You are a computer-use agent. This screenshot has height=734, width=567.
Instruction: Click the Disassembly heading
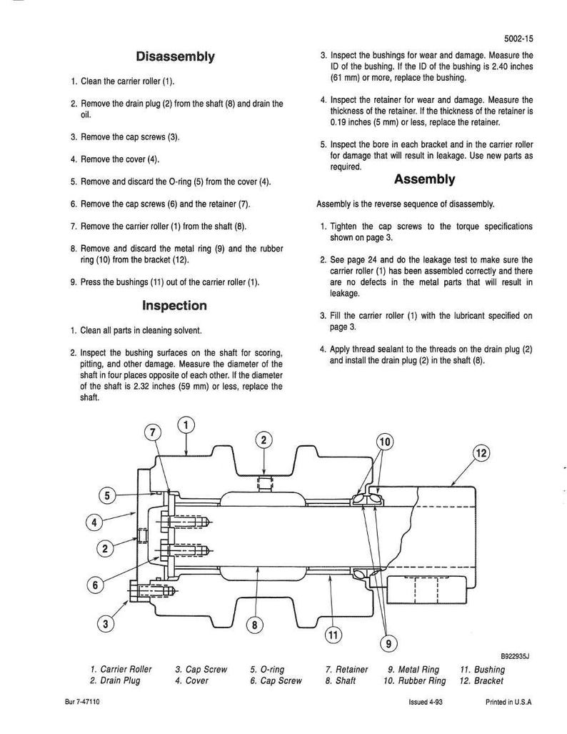[x=175, y=56]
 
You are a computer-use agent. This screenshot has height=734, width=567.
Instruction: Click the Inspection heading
[x=174, y=306]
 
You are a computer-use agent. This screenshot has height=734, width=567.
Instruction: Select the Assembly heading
[x=424, y=179]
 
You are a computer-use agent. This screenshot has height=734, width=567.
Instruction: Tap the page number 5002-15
[x=518, y=39]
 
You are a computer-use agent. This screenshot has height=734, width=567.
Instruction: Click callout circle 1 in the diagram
[x=186, y=425]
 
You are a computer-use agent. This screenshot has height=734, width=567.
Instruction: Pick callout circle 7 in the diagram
[x=153, y=432]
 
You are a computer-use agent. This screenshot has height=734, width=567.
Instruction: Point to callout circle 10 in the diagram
[x=385, y=442]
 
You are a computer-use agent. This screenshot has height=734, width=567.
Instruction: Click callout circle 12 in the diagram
[x=481, y=453]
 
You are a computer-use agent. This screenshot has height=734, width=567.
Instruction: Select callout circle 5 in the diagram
[x=107, y=495]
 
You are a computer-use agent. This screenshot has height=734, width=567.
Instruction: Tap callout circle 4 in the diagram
[x=94, y=522]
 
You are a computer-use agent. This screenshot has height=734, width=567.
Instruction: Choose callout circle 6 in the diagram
[x=96, y=585]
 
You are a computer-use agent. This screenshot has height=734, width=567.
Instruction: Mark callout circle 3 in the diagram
[x=106, y=623]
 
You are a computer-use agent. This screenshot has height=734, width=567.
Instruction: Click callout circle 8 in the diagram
[x=254, y=625]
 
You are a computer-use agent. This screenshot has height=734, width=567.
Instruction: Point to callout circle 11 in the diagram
[x=333, y=635]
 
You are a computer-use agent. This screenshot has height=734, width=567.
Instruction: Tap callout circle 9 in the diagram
[x=388, y=644]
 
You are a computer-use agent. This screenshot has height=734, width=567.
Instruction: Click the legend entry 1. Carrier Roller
[x=121, y=670]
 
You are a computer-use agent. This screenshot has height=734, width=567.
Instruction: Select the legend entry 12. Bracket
[x=481, y=680]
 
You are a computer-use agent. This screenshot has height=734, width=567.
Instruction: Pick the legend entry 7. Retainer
[x=346, y=670]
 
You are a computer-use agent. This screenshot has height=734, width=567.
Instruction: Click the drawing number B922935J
[x=515, y=656]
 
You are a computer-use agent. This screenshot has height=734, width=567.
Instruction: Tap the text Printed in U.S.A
[x=508, y=702]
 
